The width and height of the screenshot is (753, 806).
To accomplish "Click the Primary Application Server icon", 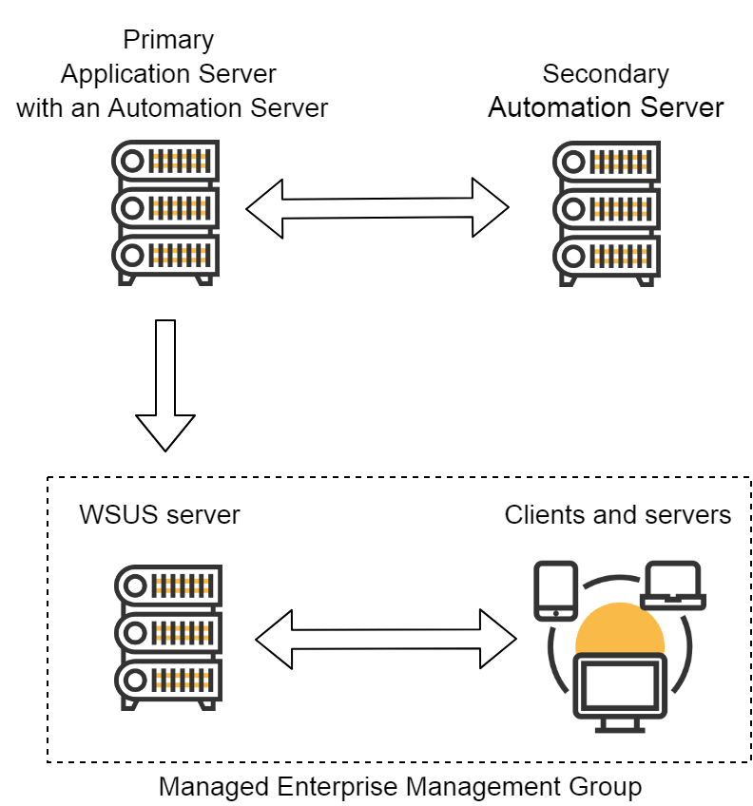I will (165, 213).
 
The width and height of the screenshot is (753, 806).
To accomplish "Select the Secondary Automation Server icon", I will (606, 213).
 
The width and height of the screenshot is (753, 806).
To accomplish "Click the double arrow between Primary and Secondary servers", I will (377, 207).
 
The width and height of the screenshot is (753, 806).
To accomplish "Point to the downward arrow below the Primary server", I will (165, 385).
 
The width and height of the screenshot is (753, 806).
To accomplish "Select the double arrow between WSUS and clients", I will (386, 639).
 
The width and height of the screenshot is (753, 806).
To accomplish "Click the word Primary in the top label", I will (168, 41).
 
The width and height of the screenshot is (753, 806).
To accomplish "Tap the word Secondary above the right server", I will (606, 74).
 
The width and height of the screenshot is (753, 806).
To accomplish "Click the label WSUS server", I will (160, 515).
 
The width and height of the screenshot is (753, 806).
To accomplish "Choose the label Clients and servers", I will (618, 515).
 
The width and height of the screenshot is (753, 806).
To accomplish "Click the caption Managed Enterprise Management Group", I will (399, 787).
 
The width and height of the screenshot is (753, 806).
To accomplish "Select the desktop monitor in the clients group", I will (619, 687).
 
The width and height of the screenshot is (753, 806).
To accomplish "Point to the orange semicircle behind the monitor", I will (619, 627).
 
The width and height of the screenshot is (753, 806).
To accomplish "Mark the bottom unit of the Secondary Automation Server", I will (606, 256).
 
